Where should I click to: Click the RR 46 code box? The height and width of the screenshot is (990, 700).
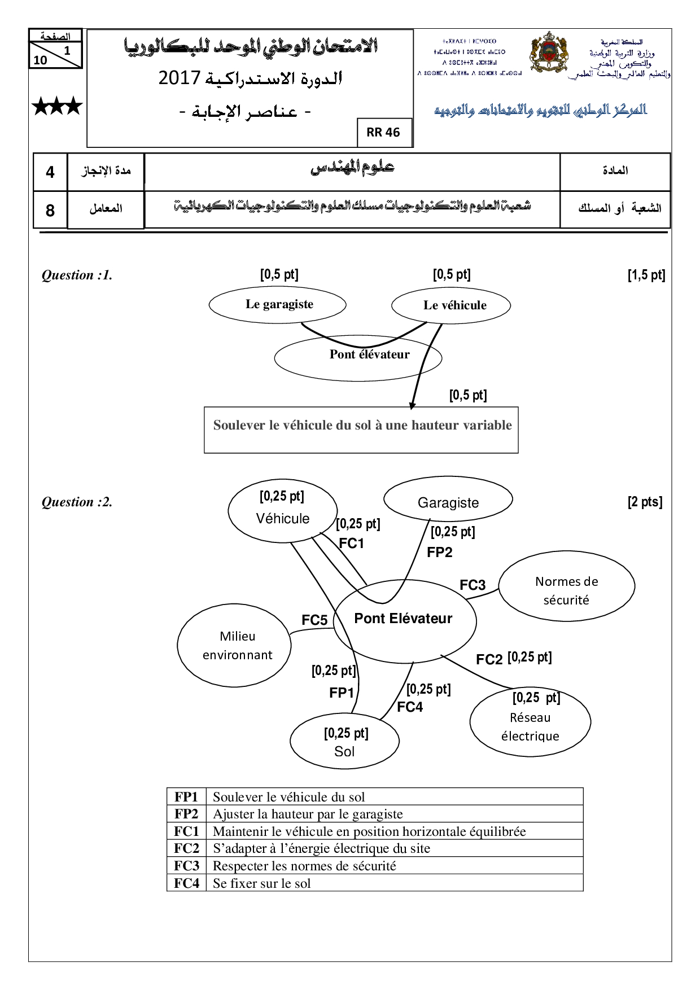[383, 133]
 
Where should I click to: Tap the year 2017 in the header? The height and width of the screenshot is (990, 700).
[179, 78]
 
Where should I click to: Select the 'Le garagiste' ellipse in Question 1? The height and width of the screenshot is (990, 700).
[277, 304]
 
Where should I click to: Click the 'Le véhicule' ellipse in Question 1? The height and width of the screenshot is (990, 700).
[451, 305]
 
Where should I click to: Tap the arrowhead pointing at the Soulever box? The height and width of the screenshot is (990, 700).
[413, 405]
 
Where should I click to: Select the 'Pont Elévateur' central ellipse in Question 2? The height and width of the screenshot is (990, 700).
[405, 620]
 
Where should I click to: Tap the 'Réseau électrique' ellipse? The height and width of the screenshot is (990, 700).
[530, 722]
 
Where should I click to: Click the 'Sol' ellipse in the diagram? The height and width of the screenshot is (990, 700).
[344, 741]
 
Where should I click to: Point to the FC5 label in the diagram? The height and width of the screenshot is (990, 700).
[314, 620]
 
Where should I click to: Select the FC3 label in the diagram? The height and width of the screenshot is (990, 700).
[473, 585]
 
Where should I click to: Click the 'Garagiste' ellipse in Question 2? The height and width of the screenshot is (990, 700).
[448, 500]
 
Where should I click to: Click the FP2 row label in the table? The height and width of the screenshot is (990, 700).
[186, 814]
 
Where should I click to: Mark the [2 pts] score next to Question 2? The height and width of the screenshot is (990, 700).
[645, 502]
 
